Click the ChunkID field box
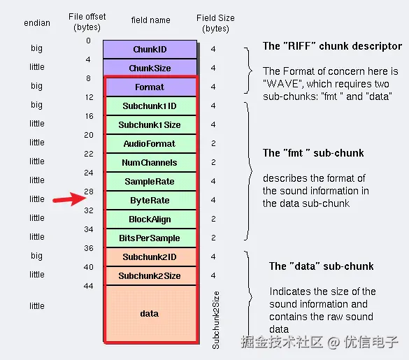(150, 50)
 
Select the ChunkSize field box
(150, 69)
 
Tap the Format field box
(150, 87)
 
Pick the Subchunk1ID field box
(150, 106)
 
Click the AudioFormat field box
(150, 144)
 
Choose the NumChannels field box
(150, 163)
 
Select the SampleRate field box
(150, 182)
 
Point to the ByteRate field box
(150, 201)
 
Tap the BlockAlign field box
(150, 219)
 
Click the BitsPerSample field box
(150, 238)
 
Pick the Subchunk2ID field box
(150, 257)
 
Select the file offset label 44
(88, 286)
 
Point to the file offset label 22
(88, 154)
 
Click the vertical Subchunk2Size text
(216, 319)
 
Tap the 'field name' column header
(150, 20)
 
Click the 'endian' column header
(37, 23)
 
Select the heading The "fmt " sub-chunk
(313, 153)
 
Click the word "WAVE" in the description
(279, 84)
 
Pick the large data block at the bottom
(150, 314)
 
